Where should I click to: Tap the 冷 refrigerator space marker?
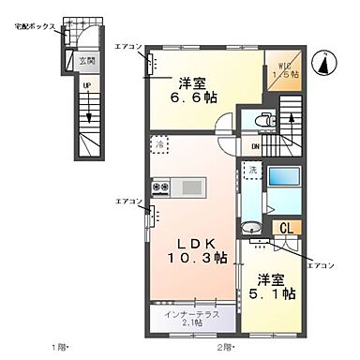tap(160, 146)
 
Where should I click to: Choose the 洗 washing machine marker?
tap(250, 170)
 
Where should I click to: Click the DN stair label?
tap(254, 145)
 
